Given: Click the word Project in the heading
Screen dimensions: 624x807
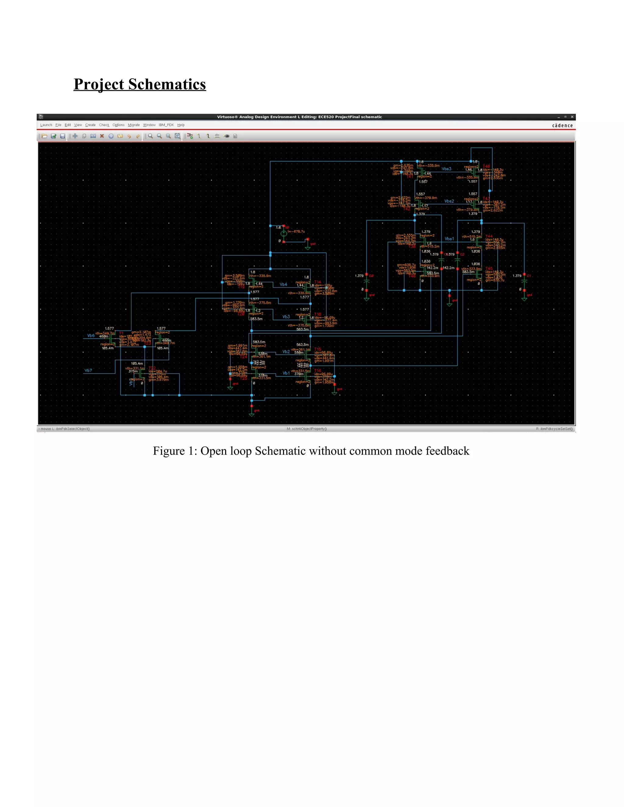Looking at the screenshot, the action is tap(99, 85).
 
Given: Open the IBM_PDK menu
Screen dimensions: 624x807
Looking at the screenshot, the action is tap(166, 125).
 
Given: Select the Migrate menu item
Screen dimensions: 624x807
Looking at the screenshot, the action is tap(133, 125).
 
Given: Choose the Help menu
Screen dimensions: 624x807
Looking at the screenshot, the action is tap(181, 125).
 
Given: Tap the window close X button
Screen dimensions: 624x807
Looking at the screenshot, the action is tap(572, 117).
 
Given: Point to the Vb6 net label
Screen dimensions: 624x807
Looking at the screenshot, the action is tap(91, 336).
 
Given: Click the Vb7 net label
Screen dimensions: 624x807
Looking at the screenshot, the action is tap(88, 370).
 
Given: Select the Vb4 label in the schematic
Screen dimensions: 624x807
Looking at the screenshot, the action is tap(283, 284).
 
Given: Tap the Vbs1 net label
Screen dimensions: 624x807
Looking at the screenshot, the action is tap(449, 239).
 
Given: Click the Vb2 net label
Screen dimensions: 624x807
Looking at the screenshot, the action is tap(286, 352).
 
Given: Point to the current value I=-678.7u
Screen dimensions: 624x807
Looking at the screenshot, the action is tap(296, 232).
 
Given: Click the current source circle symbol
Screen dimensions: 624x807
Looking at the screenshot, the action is tap(284, 233).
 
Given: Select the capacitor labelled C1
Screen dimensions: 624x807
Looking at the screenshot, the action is tap(524, 282).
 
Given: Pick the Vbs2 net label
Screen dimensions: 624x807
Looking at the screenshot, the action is tap(449, 201).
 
